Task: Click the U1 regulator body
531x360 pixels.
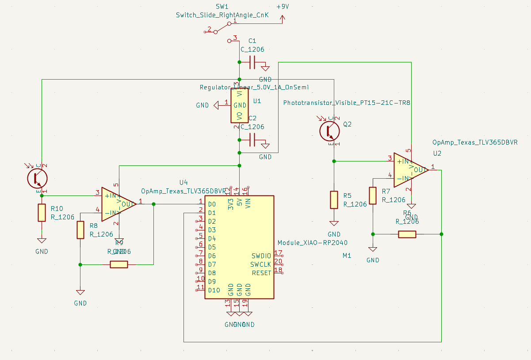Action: (x=239, y=105)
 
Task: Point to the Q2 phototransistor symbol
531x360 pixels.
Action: (x=329, y=130)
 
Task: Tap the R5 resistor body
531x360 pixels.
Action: (x=334, y=200)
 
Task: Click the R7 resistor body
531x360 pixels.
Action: (x=373, y=195)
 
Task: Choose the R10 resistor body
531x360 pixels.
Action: (x=42, y=213)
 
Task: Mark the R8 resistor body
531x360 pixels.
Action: (x=80, y=230)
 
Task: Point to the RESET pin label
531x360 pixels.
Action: (x=261, y=273)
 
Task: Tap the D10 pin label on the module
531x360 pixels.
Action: (x=214, y=290)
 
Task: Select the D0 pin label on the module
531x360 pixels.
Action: (x=212, y=204)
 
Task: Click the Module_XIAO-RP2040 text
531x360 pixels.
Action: (x=312, y=243)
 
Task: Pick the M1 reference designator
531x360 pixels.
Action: (x=347, y=256)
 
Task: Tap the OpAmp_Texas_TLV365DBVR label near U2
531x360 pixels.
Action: (x=474, y=142)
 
